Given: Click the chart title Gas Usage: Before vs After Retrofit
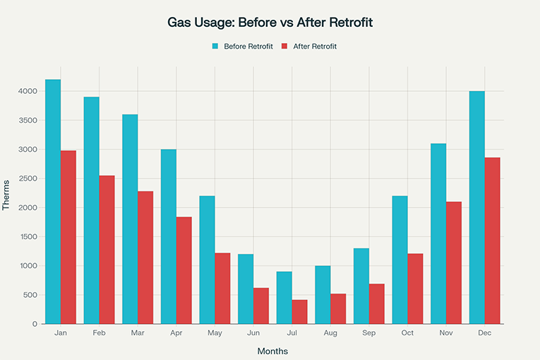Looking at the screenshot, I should (x=270, y=22).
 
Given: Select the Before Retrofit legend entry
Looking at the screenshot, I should (x=242, y=47).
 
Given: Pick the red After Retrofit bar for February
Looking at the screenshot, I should (x=107, y=250).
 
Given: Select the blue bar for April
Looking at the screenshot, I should (x=169, y=236).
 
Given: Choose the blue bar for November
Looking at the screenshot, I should (x=438, y=234).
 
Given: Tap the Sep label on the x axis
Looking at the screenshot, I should (x=368, y=332).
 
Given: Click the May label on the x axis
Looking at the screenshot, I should (x=215, y=332).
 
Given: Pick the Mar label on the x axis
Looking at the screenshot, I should (x=138, y=332).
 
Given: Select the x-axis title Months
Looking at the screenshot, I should (x=272, y=351).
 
